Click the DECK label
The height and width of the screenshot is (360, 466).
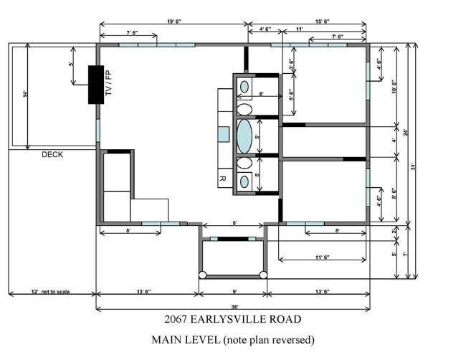(52, 154)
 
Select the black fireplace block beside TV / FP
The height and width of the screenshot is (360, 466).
(96, 84)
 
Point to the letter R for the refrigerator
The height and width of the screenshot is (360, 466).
(222, 179)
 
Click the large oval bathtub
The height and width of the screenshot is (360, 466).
(244, 136)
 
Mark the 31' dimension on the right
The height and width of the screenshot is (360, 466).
(414, 166)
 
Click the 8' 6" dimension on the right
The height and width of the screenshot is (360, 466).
(394, 192)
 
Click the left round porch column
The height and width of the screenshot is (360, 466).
(202, 275)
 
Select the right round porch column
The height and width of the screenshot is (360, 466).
(263, 275)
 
